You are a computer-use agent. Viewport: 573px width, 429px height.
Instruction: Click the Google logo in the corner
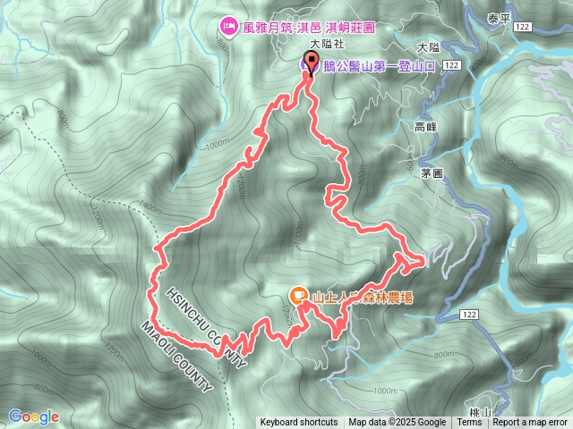[x=34, y=416]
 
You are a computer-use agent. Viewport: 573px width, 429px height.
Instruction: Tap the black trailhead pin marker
[x=312, y=63]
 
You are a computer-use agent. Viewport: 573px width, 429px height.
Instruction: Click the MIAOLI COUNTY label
[x=176, y=357]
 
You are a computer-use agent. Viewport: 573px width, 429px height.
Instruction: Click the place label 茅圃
[x=432, y=174]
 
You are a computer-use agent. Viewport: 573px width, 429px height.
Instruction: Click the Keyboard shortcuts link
[x=299, y=423]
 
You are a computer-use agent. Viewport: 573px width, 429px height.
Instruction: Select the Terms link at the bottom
[x=469, y=423]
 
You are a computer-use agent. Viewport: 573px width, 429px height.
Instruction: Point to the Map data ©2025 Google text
[x=398, y=423]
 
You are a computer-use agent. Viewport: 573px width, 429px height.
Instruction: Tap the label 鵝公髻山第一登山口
[x=381, y=65]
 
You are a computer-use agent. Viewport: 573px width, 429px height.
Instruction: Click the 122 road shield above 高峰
[x=451, y=66]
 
